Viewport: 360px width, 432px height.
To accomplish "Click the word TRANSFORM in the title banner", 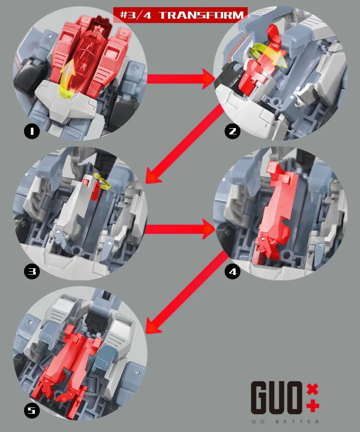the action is [x=201, y=15].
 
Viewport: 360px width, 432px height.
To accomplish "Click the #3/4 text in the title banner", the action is [x=136, y=15].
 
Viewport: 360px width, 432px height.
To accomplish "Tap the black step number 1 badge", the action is [x=32, y=131].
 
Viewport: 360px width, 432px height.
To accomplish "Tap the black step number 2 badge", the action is [x=232, y=131].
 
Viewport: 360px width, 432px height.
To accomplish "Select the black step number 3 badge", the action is [x=32, y=271].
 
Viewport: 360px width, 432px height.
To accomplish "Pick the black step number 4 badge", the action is [x=232, y=271].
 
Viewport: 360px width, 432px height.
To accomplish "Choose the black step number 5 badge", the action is [x=32, y=410].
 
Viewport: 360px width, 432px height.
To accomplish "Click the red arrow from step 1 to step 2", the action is [x=180, y=79].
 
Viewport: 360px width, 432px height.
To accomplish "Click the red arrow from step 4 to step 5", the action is [x=186, y=292].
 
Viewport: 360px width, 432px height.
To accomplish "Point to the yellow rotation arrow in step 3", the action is [x=102, y=181].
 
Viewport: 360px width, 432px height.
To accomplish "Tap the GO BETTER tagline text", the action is [x=285, y=422].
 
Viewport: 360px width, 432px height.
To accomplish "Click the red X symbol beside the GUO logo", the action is [x=312, y=389].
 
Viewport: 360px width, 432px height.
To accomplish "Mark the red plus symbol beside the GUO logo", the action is [x=312, y=406].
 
